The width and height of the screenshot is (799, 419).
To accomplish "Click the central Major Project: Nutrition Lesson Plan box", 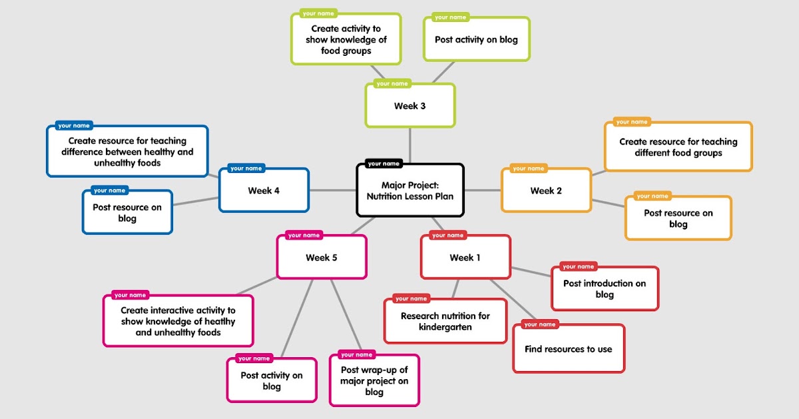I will click(x=410, y=191).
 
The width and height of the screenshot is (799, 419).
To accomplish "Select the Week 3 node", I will click(x=410, y=106).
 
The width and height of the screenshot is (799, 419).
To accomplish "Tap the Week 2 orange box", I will click(x=546, y=191).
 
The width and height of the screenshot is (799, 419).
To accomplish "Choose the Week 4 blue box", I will click(x=264, y=191).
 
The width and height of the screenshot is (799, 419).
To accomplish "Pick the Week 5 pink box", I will click(x=322, y=257).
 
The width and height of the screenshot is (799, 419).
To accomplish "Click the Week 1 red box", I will click(x=465, y=257).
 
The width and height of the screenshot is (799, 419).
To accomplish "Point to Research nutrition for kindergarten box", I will click(x=445, y=321).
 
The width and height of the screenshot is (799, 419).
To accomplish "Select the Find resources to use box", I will click(x=568, y=349).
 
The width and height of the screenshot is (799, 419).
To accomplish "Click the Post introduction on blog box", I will click(x=605, y=289).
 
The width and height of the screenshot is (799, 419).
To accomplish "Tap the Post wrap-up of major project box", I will click(x=374, y=381).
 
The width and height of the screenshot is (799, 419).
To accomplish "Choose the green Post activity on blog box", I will click(x=476, y=40).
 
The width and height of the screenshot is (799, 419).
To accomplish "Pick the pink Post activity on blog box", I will click(x=272, y=380).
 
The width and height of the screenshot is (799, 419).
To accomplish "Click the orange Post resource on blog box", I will click(x=678, y=218).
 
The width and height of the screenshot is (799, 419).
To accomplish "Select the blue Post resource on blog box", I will click(x=127, y=213).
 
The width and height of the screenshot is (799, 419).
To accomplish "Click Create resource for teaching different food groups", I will click(x=678, y=147).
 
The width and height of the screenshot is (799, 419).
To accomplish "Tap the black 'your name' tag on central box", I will click(x=384, y=164).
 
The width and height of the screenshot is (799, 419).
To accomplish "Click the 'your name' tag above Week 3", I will click(x=392, y=84).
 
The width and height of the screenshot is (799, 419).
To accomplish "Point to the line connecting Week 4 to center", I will click(x=332, y=191).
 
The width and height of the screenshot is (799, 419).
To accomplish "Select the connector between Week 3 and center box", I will click(x=410, y=145).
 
